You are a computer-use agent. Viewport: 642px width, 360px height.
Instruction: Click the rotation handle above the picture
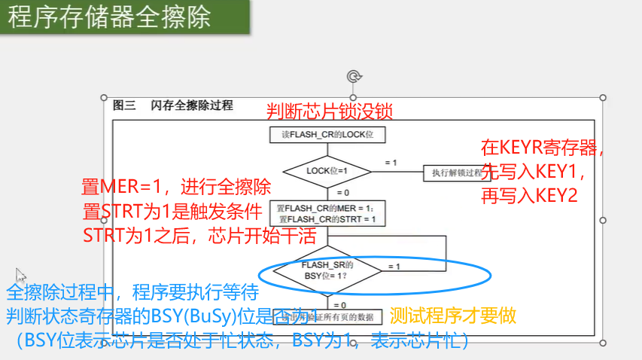click(x=354, y=75)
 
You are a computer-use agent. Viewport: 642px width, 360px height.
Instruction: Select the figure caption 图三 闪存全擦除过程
click(x=172, y=105)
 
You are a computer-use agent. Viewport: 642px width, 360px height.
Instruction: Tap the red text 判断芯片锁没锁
click(x=330, y=111)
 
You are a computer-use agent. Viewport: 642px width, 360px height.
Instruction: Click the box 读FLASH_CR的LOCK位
click(x=327, y=135)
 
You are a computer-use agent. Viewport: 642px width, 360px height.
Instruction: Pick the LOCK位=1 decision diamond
click(x=327, y=171)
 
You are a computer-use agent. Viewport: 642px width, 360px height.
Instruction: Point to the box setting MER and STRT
click(x=327, y=213)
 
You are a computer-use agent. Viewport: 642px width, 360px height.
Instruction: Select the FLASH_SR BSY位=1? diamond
click(x=327, y=270)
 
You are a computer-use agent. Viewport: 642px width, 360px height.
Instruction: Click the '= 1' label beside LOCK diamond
click(x=391, y=163)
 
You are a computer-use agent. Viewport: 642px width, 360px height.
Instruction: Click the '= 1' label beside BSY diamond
click(x=394, y=267)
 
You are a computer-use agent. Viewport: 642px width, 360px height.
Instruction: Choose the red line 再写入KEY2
click(x=529, y=196)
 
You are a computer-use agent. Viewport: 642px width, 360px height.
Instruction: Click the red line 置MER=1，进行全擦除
click(x=175, y=186)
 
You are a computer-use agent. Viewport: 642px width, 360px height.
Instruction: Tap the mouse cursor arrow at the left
click(x=20, y=275)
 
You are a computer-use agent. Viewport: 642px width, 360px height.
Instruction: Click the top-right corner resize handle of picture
click(x=603, y=97)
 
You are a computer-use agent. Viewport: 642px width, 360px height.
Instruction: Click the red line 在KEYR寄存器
click(x=543, y=147)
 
